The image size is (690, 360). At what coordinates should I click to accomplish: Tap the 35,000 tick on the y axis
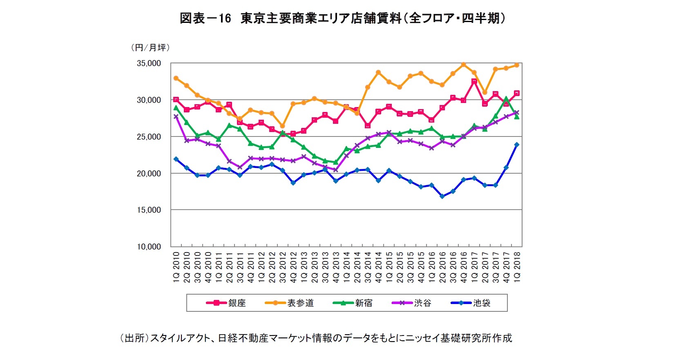coord(149,63)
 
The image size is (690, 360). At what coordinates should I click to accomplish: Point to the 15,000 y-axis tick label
coord(149,210)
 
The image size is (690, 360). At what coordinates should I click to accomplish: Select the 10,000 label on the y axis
coord(149,247)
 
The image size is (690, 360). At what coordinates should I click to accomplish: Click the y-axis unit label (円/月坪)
coord(150,47)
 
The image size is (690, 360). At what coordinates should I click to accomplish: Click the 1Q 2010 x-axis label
coord(176,266)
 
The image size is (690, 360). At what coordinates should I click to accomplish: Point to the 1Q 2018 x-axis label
coord(517,266)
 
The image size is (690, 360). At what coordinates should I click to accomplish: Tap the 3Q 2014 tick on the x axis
coord(368,266)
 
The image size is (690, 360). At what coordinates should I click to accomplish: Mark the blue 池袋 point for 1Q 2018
coord(517,145)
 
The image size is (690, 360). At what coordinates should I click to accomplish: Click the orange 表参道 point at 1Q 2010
coord(176,78)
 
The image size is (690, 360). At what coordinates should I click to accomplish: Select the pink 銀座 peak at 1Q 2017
coord(474,81)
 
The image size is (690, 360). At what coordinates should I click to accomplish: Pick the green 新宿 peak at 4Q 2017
coord(506,99)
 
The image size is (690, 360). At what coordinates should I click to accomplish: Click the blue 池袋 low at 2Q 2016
coord(442,197)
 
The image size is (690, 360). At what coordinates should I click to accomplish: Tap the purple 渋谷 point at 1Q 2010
coord(176,116)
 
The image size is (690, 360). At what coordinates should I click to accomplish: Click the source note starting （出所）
coord(315,338)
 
